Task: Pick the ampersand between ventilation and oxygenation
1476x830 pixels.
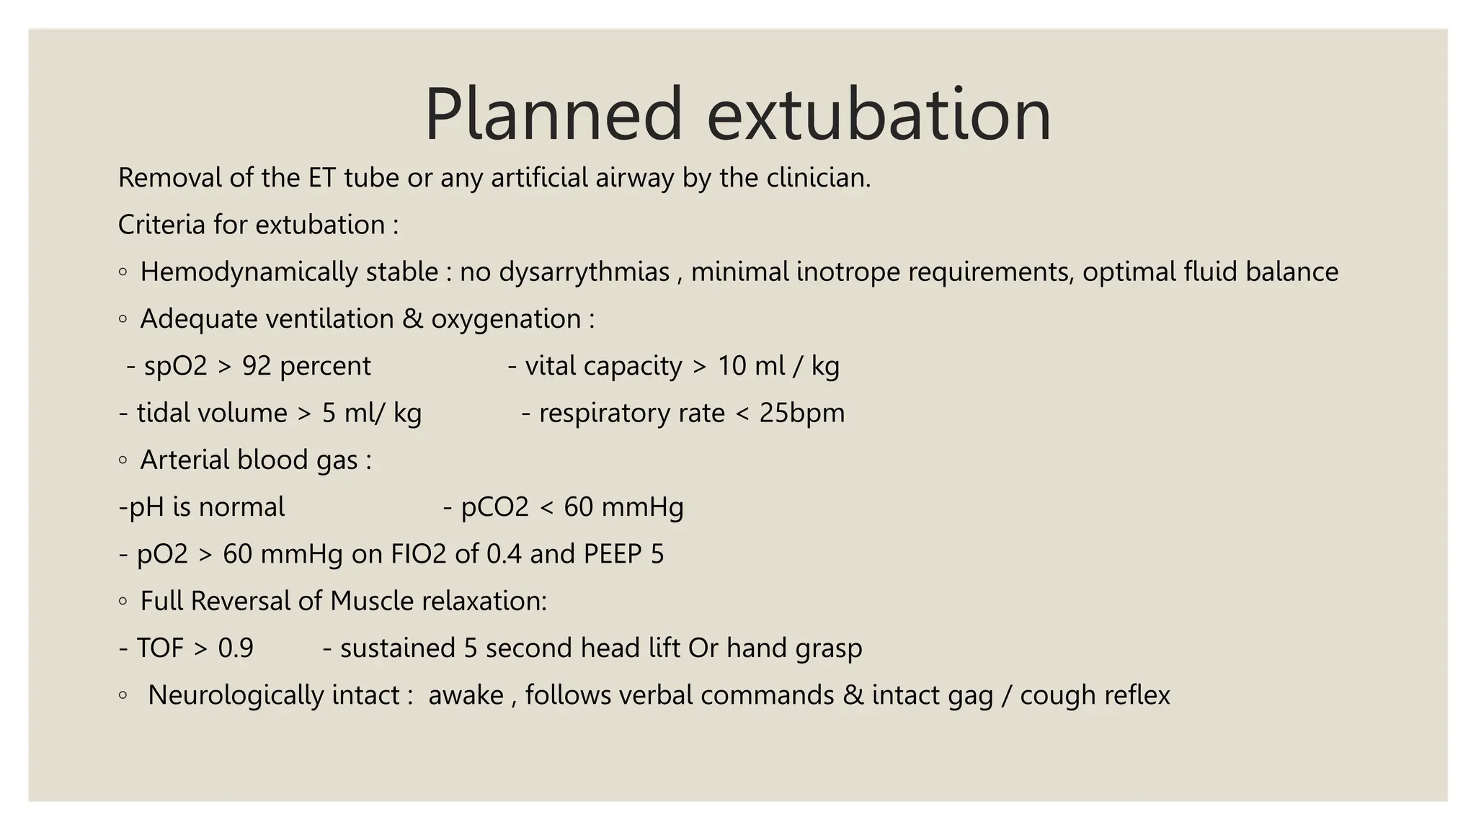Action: tap(412, 319)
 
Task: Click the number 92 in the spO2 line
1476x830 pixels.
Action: tap(257, 366)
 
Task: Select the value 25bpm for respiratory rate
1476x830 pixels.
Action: tap(801, 414)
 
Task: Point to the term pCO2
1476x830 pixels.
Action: tap(495, 507)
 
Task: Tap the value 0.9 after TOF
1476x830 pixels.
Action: tap(236, 648)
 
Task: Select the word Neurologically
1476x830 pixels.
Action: tap(273, 695)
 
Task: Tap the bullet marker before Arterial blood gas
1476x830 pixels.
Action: tap(123, 460)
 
